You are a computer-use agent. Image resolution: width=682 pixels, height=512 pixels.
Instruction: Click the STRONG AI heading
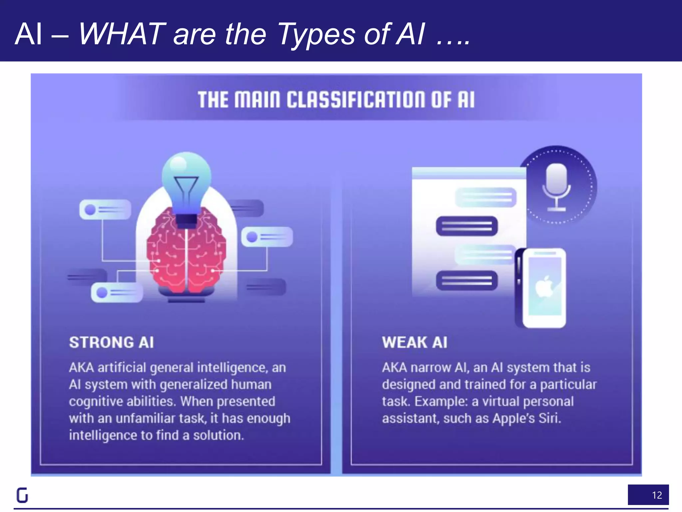tap(111, 343)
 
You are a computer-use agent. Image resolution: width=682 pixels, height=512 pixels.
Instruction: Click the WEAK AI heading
tap(415, 343)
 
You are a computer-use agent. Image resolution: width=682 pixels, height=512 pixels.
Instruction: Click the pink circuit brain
tap(186, 253)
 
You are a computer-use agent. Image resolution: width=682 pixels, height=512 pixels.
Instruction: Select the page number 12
tap(657, 495)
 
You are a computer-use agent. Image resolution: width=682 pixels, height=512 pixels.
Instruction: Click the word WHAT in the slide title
tap(122, 34)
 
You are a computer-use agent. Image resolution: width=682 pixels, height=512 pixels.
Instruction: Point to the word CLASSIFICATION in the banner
tap(356, 100)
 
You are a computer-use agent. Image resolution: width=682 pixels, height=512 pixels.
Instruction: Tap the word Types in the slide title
tap(316, 34)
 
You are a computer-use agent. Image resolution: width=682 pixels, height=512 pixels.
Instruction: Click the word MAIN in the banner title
tap(257, 100)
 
